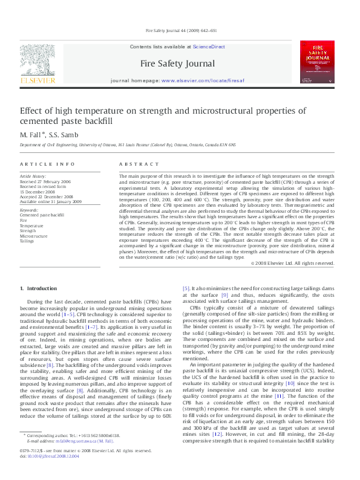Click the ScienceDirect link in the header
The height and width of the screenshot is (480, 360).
click(209, 47)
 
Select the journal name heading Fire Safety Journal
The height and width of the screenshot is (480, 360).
click(177, 63)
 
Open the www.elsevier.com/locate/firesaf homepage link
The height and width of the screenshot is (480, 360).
click(203, 80)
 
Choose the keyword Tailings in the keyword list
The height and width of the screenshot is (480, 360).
click(27, 240)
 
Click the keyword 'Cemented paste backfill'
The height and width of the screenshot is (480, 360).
click(42, 215)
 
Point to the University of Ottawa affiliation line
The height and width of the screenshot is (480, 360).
click(128, 145)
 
